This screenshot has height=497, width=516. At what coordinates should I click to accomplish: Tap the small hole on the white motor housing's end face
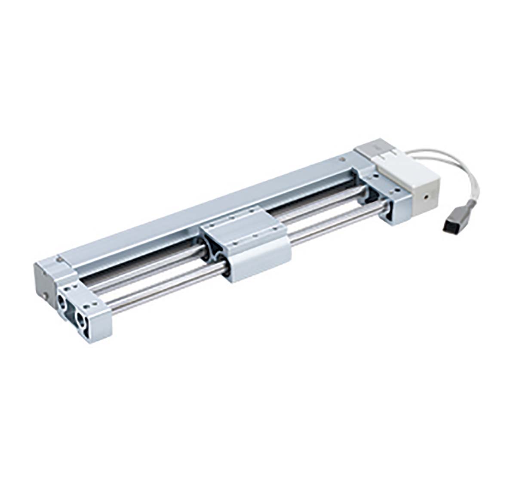tap(425, 198)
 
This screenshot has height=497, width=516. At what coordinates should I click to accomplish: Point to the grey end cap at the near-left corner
tap(45, 280)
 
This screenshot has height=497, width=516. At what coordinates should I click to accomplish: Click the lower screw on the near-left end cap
tap(45, 296)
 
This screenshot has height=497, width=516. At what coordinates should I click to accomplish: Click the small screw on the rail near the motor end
tap(342, 160)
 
